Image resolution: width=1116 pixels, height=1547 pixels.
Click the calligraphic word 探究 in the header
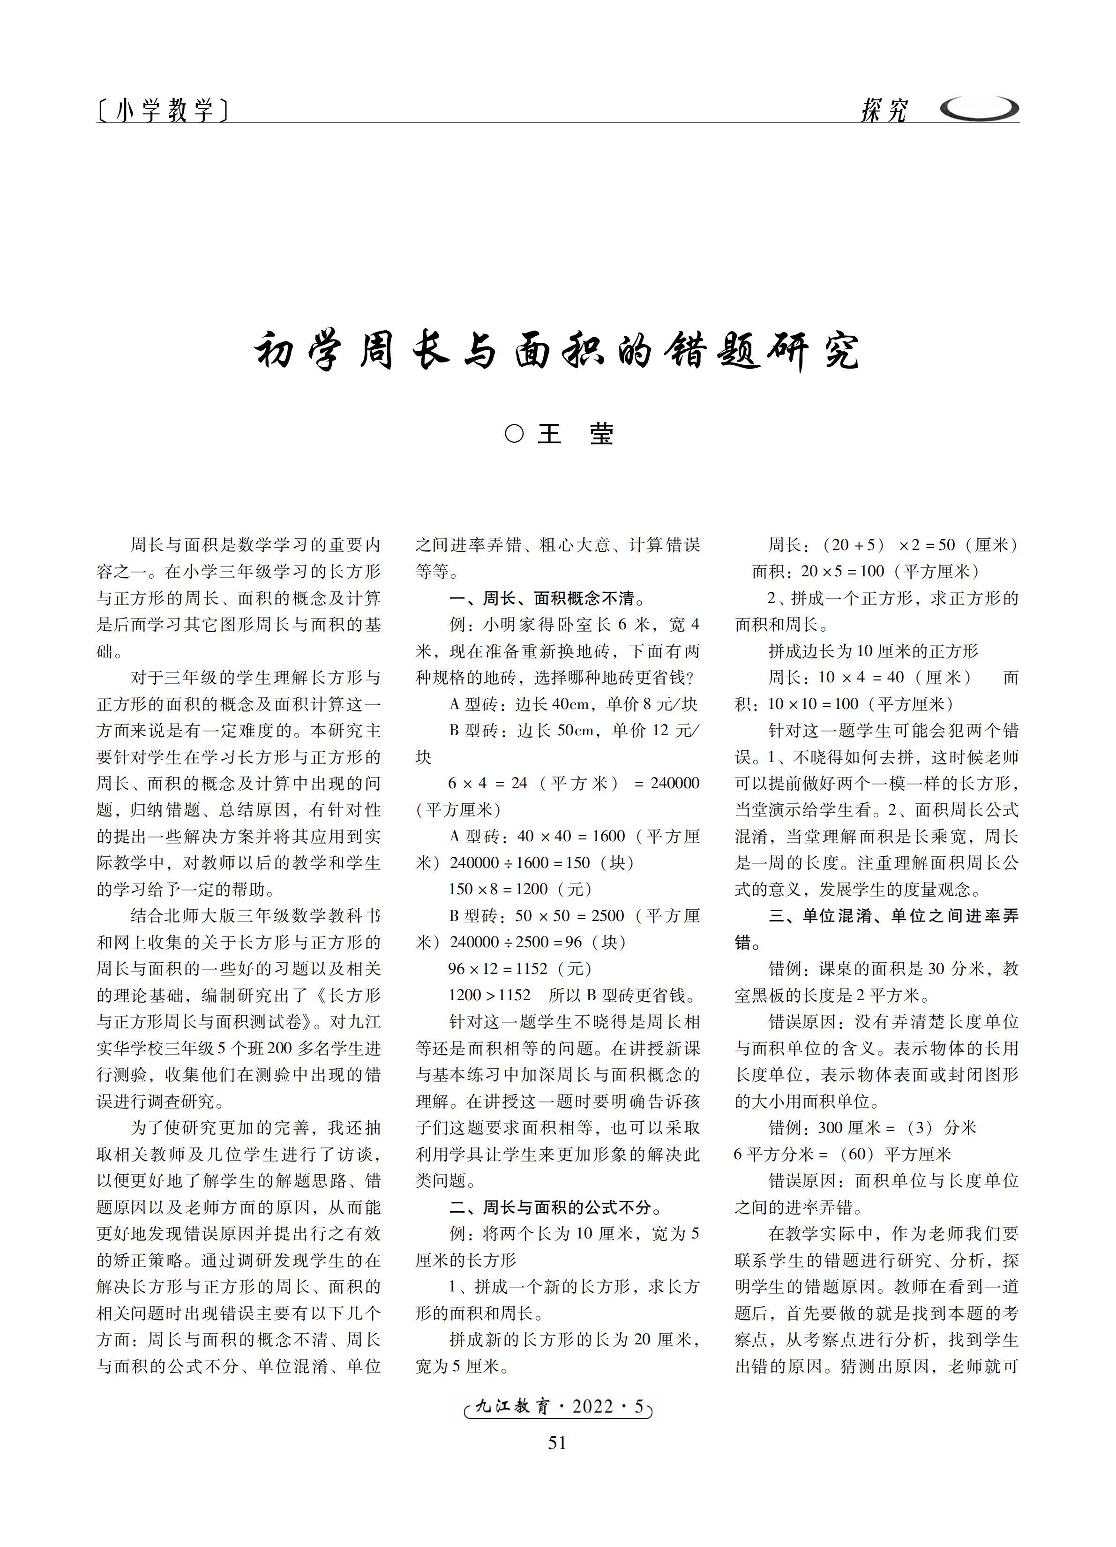(884, 110)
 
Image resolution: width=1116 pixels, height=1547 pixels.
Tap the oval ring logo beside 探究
(979, 108)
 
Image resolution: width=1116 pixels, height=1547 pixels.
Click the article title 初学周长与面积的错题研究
(556, 351)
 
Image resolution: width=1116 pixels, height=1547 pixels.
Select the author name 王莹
(576, 434)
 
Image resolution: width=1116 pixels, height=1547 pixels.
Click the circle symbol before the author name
(514, 434)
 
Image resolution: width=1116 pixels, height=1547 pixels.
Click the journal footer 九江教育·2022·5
(558, 1406)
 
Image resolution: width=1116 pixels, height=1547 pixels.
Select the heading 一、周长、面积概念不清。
(547, 598)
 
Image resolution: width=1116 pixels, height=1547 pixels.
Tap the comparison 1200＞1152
(489, 995)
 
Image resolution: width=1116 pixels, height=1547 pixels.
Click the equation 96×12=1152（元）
(519, 969)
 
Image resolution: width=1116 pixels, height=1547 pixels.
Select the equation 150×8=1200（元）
(519, 890)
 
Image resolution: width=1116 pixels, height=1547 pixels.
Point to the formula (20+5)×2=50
(889, 545)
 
